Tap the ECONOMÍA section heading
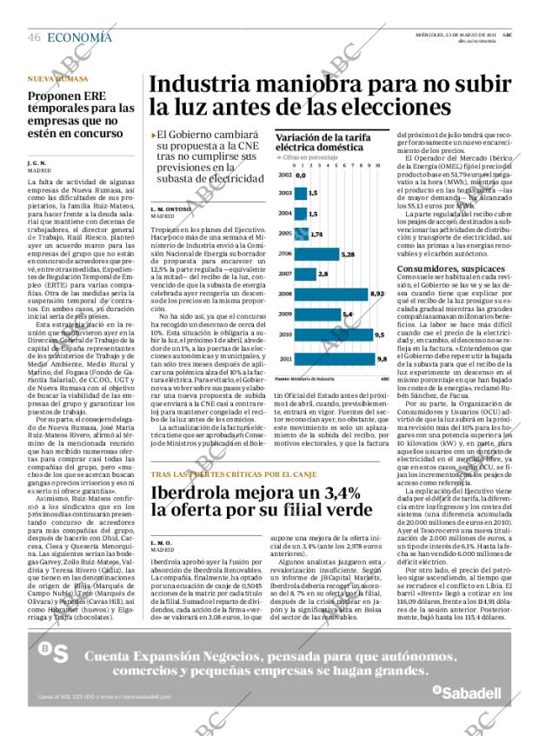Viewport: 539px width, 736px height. click(x=79, y=37)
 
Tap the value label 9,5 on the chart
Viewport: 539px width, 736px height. click(x=379, y=335)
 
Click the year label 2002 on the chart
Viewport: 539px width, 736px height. click(x=284, y=175)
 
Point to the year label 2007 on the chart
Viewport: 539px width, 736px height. click(x=284, y=274)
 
